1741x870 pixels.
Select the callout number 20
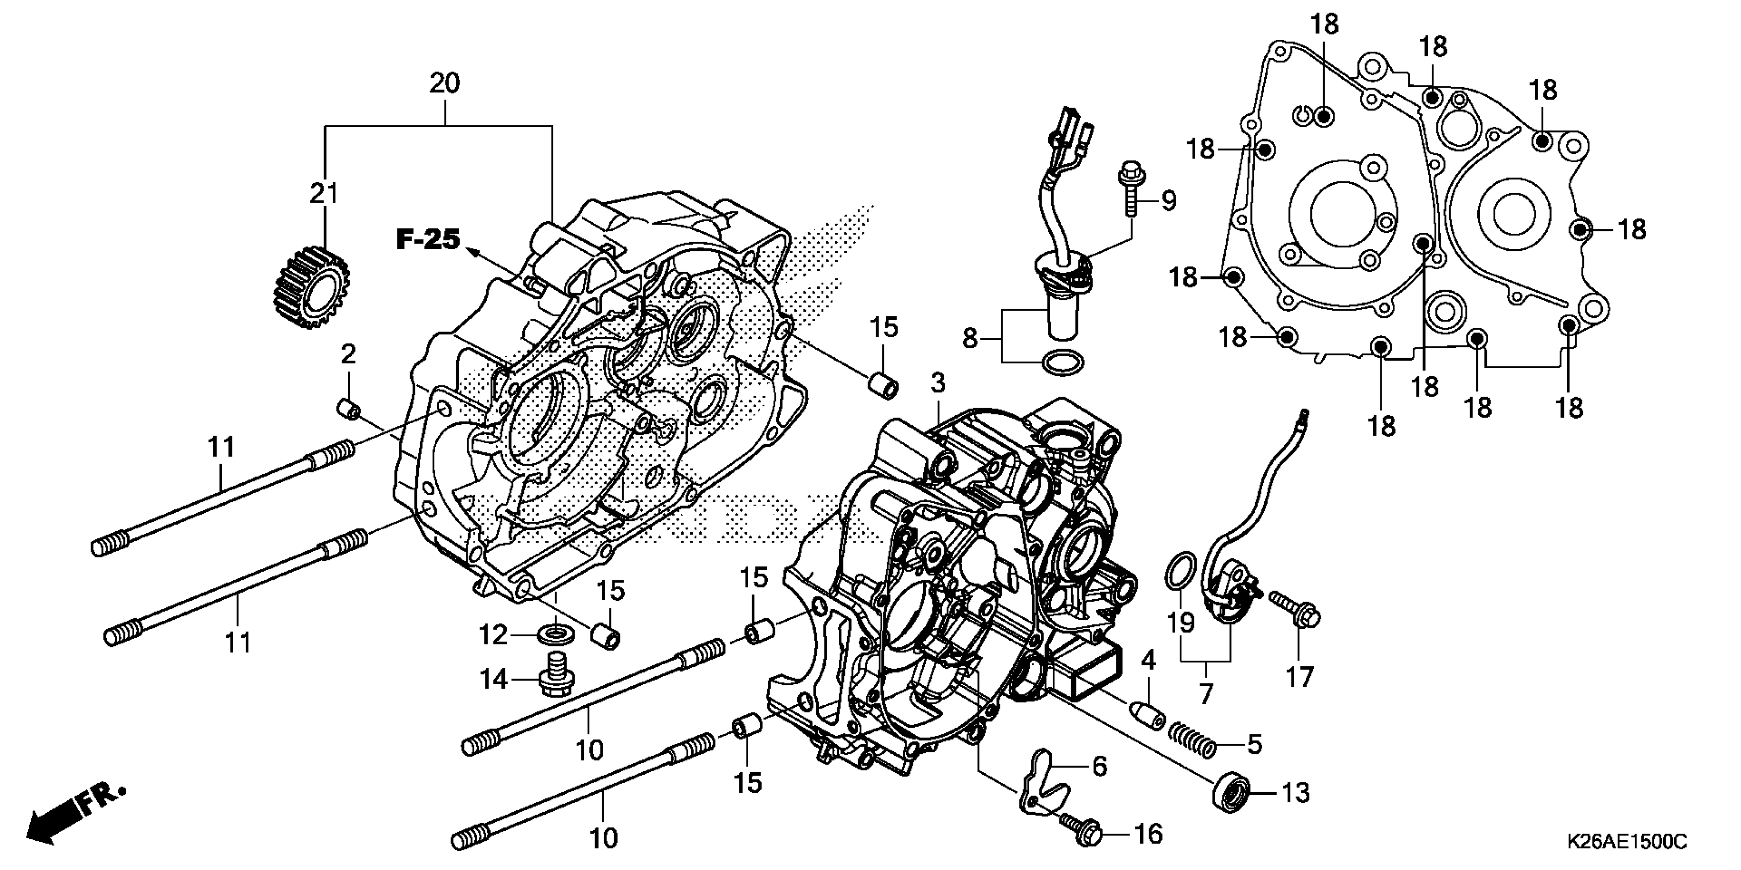pos(444,84)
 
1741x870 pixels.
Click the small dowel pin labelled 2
pos(349,409)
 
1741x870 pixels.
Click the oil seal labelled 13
pos(1230,793)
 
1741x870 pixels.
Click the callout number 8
pos(970,338)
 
